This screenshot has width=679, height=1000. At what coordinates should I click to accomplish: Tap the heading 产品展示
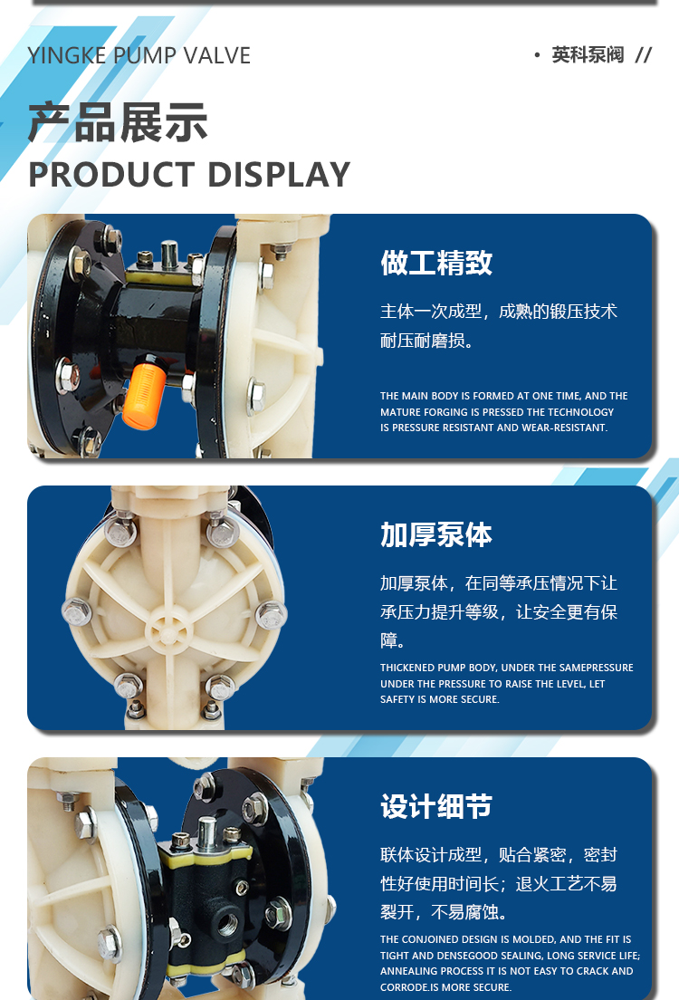[x=118, y=122]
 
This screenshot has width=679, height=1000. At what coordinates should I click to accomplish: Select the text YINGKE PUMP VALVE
[x=139, y=55]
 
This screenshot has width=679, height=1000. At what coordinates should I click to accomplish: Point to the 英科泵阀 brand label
[x=588, y=55]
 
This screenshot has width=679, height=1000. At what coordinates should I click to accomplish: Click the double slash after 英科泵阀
[x=644, y=55]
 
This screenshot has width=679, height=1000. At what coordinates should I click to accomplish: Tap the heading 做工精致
[x=436, y=263]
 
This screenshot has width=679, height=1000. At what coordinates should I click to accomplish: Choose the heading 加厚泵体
[x=436, y=534]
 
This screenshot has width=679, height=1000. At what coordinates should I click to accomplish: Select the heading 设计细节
[x=436, y=806]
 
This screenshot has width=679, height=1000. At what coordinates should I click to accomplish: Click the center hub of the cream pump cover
[x=168, y=632]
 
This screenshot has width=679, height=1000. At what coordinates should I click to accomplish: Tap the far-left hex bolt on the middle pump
[x=77, y=612]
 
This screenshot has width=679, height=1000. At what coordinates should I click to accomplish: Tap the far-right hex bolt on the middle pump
[x=271, y=616]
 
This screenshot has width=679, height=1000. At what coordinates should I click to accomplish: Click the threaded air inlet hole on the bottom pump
[x=227, y=923]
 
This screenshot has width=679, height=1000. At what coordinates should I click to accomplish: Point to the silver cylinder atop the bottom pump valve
[x=206, y=832]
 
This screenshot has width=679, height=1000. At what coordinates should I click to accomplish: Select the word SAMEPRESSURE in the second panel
[x=594, y=668]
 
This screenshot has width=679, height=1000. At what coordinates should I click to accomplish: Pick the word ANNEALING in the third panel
[x=407, y=971]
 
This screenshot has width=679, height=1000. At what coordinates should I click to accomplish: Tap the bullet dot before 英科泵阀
[x=538, y=55]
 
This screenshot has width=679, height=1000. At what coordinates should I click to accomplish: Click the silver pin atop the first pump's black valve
[x=169, y=255]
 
